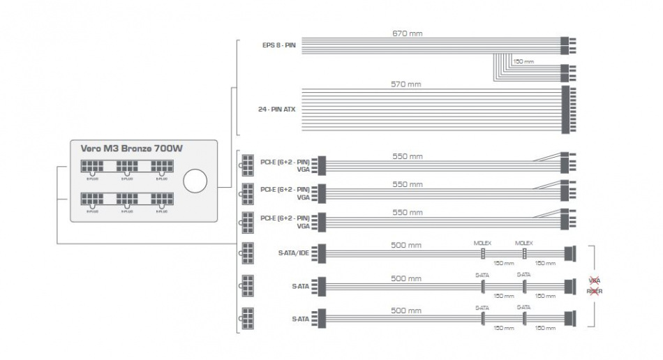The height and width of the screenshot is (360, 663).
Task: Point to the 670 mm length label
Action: (408, 33)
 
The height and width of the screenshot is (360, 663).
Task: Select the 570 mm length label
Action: (406, 84)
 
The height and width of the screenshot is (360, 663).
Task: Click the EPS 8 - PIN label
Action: (279, 46)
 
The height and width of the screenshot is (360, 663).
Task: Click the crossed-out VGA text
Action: (595, 280)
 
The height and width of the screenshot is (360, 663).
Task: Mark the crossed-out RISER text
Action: (595, 290)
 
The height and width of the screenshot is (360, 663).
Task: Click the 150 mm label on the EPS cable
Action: (523, 61)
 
